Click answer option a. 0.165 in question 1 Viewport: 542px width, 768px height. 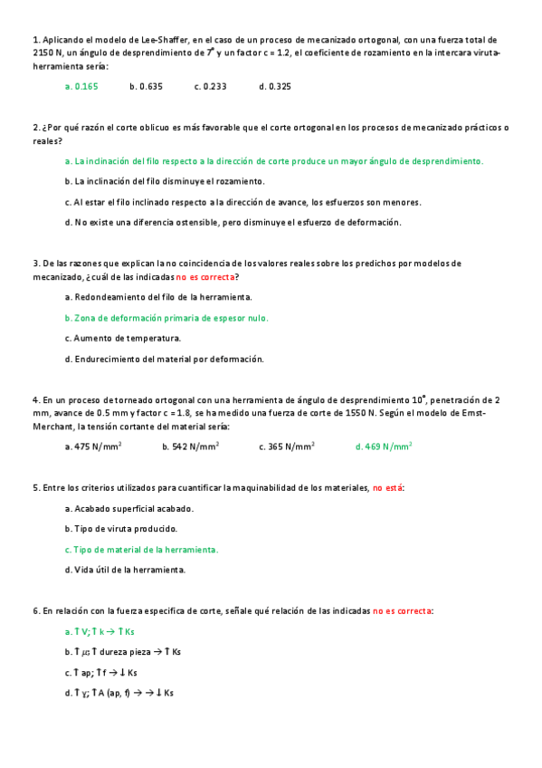point(81,87)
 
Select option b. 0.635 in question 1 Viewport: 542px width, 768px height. point(146,87)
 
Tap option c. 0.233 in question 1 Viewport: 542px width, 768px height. point(210,87)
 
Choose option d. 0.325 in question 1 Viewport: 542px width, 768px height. point(274,87)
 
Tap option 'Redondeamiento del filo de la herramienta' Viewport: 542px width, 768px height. point(158,297)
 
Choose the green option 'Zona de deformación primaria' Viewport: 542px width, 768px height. point(166,318)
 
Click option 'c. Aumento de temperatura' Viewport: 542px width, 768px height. point(123,339)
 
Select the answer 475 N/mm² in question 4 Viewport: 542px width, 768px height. point(93,446)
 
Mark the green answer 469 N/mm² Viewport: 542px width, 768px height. point(384,446)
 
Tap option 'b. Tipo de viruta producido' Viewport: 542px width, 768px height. point(121,529)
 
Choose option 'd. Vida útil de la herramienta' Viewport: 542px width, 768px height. point(126,571)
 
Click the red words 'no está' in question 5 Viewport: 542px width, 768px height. point(387,488)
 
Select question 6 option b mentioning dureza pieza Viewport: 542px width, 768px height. point(123,652)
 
